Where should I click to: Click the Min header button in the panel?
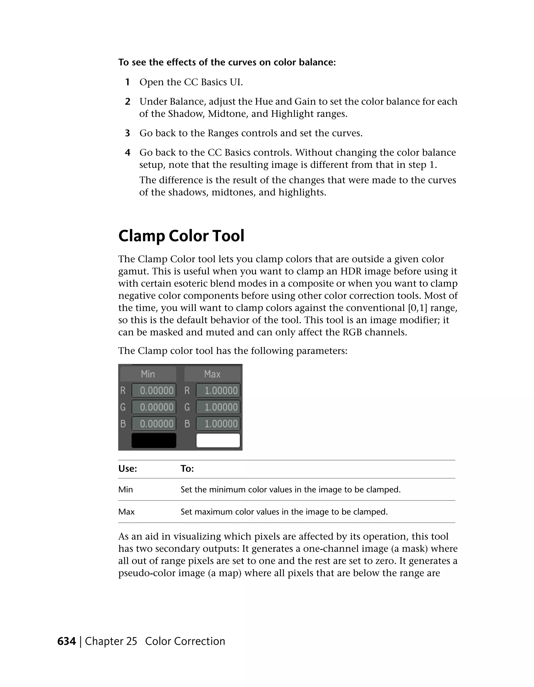pos(148,374)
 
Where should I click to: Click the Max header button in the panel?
pos(212,374)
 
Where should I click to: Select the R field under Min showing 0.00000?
pos(154,390)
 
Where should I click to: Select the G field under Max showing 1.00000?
pos(218,407)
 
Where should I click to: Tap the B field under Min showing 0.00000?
pos(154,424)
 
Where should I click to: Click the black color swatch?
pos(154,440)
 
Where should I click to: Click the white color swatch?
pos(218,440)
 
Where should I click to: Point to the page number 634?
pos(67,641)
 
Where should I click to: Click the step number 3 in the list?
pos(127,133)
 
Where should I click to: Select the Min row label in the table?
pos(125,489)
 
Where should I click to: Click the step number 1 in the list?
pos(127,82)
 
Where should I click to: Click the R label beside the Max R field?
pos(187,390)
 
